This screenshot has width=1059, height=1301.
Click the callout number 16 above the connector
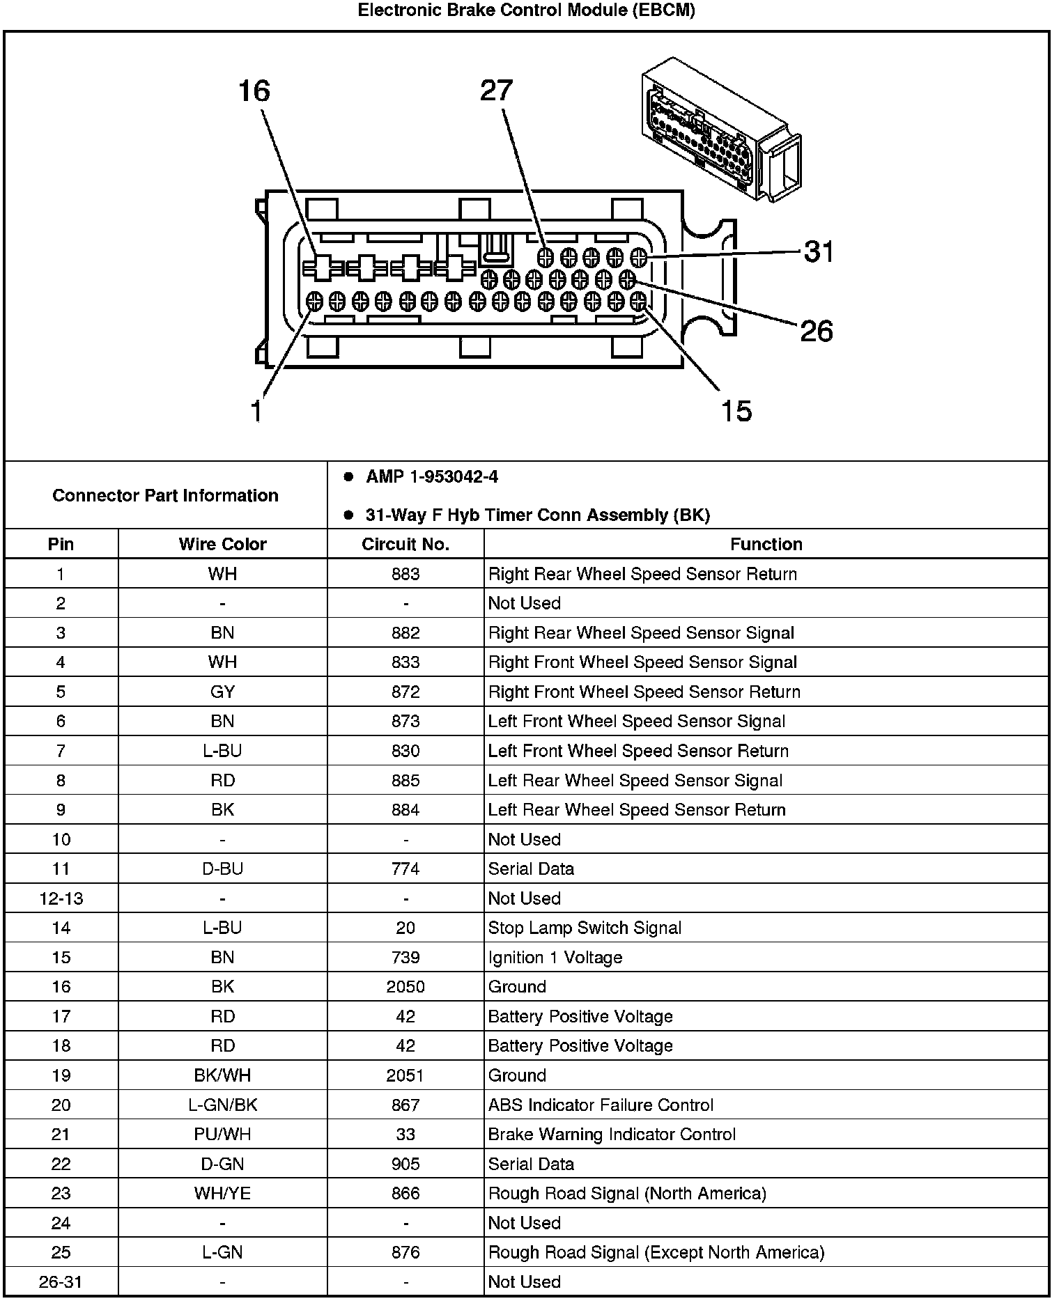click(x=254, y=91)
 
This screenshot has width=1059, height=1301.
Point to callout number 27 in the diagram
click(x=496, y=91)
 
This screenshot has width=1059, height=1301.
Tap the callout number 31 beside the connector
click(x=818, y=251)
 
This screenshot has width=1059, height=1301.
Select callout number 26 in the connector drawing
click(x=817, y=331)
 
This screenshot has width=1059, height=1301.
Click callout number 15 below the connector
click(x=736, y=411)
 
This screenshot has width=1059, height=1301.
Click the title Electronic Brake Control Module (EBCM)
click(x=527, y=10)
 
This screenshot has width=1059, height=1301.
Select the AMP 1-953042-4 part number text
click(x=431, y=477)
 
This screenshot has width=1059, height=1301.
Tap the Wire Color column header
click(x=222, y=544)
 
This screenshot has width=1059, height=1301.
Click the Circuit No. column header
click(x=405, y=544)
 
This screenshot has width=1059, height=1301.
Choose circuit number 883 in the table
click(x=405, y=574)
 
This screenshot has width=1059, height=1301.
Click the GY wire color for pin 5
click(x=222, y=692)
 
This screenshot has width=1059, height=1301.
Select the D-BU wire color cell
click(x=222, y=868)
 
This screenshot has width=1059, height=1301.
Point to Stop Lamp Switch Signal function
click(x=585, y=928)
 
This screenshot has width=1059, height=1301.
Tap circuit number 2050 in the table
click(x=405, y=987)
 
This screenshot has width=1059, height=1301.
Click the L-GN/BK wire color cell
click(x=222, y=1105)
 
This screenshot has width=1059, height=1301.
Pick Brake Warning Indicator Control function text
click(x=612, y=1135)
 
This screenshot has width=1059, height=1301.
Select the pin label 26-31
click(x=61, y=1281)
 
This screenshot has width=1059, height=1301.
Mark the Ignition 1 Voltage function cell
click(x=555, y=958)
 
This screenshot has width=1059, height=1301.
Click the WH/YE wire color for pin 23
click(x=222, y=1193)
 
